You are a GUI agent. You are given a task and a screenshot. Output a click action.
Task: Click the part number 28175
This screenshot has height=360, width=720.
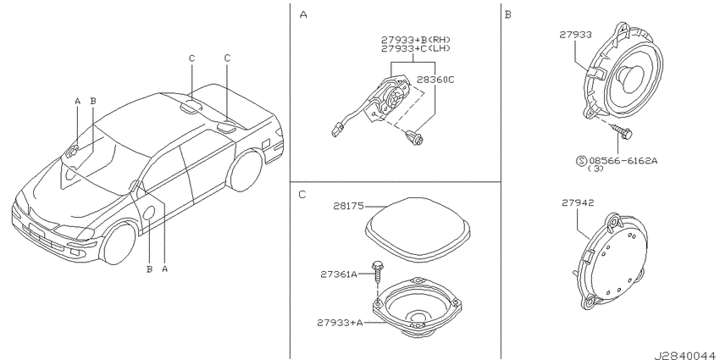(348, 207)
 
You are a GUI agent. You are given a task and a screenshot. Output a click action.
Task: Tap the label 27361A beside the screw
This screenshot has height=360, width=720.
(339, 274)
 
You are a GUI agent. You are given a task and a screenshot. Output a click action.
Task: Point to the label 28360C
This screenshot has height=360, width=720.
(435, 80)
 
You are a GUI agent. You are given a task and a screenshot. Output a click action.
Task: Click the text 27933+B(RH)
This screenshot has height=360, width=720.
(416, 40)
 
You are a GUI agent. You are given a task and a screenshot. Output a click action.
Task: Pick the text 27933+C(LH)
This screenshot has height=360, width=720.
(416, 48)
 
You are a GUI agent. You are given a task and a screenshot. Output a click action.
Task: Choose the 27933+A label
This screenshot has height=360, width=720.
(340, 323)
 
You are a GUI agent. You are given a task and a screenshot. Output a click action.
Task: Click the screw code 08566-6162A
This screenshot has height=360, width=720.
(623, 161)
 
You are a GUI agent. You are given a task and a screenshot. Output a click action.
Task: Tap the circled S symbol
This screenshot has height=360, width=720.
(581, 161)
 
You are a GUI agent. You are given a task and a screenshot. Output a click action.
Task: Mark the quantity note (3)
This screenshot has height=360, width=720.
(595, 169)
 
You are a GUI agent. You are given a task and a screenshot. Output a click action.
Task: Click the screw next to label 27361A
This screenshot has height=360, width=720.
(377, 274)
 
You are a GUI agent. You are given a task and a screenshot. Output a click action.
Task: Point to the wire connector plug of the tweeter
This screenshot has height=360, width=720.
(336, 130)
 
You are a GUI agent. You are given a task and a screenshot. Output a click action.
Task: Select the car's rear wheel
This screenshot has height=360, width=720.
(246, 171)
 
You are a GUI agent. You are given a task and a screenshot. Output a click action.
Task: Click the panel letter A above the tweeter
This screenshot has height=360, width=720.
(303, 14)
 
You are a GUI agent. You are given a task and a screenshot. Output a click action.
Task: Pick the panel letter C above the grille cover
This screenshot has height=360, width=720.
(302, 195)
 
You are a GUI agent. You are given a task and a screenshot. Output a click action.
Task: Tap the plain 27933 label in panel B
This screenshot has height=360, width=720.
(575, 34)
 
